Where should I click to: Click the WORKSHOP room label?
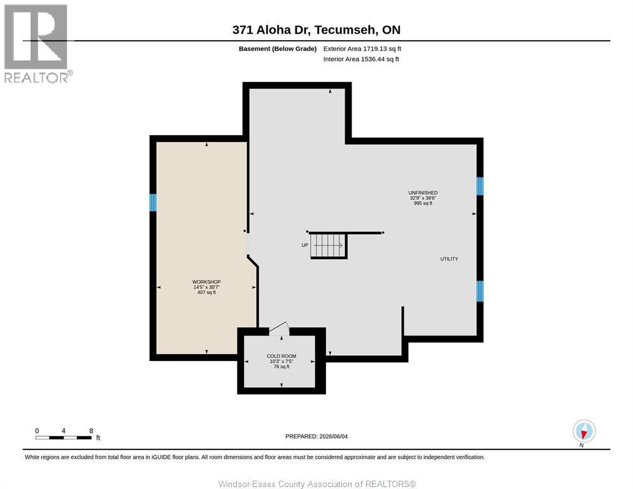tap(206, 282)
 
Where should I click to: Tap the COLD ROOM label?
tap(281, 356)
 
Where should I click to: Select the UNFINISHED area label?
tap(423, 193)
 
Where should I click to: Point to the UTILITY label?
tap(449, 259)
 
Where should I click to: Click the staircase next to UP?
tap(329, 246)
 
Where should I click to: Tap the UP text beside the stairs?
tap(305, 245)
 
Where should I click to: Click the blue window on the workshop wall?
tap(153, 202)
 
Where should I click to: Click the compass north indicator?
tap(584, 431)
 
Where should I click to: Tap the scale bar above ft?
tap(64, 437)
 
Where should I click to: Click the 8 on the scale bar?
tap(91, 431)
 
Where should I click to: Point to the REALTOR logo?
tap(37, 43)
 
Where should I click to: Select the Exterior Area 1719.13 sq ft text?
tap(362, 49)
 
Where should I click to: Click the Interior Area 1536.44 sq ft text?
tap(361, 59)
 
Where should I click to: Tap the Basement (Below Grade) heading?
tap(278, 49)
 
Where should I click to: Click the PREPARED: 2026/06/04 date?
tap(316, 437)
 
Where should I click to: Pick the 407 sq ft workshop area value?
tap(206, 292)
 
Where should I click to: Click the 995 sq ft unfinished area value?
tap(423, 203)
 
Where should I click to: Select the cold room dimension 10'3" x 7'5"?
tap(281, 362)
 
